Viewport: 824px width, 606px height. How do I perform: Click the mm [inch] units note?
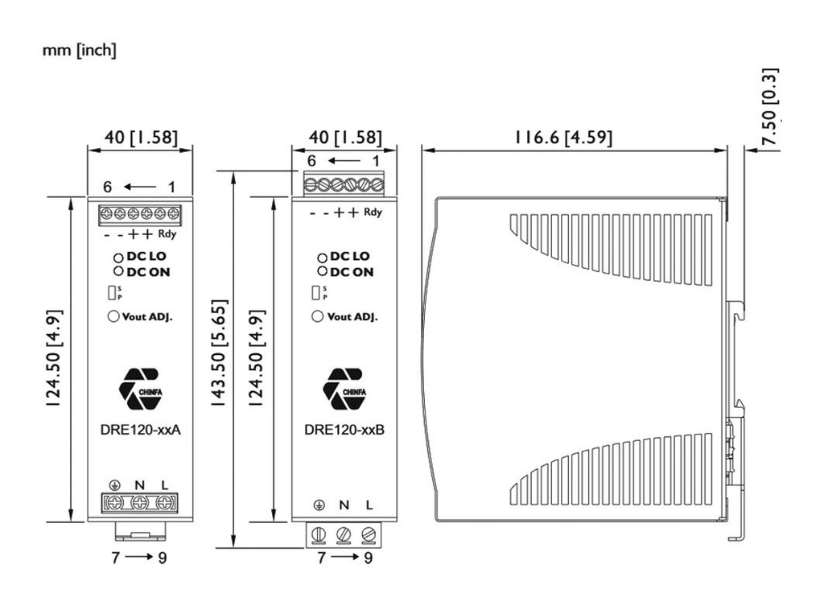click(79, 51)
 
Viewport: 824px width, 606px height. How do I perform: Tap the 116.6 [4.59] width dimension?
click(563, 138)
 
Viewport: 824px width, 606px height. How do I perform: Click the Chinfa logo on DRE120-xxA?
click(139, 387)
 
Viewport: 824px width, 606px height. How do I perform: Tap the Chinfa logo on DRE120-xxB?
click(344, 387)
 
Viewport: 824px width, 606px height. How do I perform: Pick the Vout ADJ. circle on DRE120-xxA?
click(113, 316)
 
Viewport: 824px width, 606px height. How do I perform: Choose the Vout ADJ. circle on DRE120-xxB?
click(318, 316)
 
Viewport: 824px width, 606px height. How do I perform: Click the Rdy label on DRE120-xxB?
click(373, 213)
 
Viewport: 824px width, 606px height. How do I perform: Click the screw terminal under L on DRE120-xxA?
click(165, 504)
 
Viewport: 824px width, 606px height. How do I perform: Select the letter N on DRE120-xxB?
click(344, 505)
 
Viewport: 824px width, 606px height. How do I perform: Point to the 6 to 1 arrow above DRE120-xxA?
click(140, 188)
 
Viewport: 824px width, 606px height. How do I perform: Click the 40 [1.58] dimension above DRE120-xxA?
click(140, 137)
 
